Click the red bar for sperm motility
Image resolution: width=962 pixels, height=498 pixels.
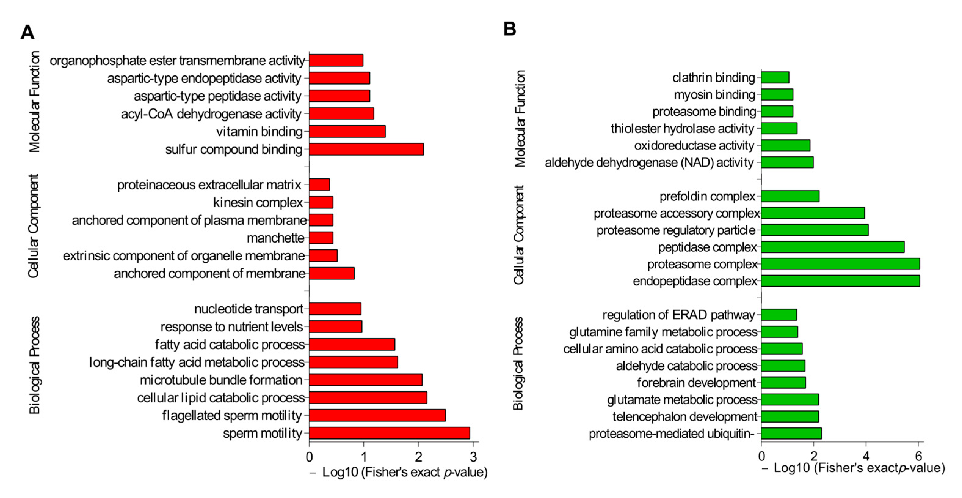coord(389,433)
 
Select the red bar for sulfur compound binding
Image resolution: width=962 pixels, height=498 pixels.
coord(366,149)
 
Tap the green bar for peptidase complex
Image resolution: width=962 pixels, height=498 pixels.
coord(833,247)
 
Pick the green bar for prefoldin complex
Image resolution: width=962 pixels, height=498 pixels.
coord(790,196)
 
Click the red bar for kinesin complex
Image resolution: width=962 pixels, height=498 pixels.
coord(321,203)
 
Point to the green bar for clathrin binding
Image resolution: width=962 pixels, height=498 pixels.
coord(775,77)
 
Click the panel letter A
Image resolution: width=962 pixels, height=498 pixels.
coord(27,32)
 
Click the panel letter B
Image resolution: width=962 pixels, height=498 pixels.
coord(510,29)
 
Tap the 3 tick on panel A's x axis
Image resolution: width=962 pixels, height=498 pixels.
coord(473,456)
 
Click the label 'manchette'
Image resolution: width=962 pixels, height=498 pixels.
coord(276,238)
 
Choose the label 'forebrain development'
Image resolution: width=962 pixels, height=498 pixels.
coord(696,383)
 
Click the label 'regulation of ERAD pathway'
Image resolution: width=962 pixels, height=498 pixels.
coord(679,315)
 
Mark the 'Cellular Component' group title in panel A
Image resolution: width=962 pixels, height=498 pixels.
coord(34,226)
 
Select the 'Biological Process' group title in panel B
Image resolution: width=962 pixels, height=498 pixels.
coord(518,364)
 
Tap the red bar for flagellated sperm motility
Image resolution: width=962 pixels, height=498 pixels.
coord(377,415)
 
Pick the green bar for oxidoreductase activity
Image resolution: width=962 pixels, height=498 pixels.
coord(785,145)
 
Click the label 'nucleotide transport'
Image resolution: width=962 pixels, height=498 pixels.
coord(249,309)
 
